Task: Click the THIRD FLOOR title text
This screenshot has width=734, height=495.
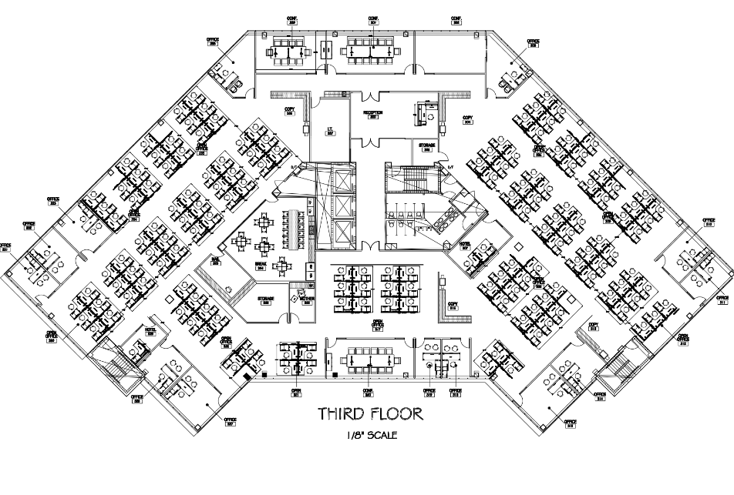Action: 371,413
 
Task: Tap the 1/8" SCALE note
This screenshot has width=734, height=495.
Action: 371,436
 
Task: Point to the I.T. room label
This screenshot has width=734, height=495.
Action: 330,130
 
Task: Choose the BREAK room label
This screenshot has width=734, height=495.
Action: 261,266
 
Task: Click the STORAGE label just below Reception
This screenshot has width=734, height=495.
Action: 428,146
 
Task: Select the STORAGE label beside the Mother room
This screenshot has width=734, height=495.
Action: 266,300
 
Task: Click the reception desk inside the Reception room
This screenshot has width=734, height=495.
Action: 423,113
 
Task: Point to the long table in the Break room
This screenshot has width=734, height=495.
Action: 295,226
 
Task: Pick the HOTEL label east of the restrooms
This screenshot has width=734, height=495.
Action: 465,246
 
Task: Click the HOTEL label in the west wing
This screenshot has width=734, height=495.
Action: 150,332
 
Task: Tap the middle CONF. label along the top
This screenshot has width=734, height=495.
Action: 374,20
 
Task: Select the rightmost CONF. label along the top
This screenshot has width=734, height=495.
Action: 456,20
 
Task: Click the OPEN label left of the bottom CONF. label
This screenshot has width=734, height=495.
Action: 295,393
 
